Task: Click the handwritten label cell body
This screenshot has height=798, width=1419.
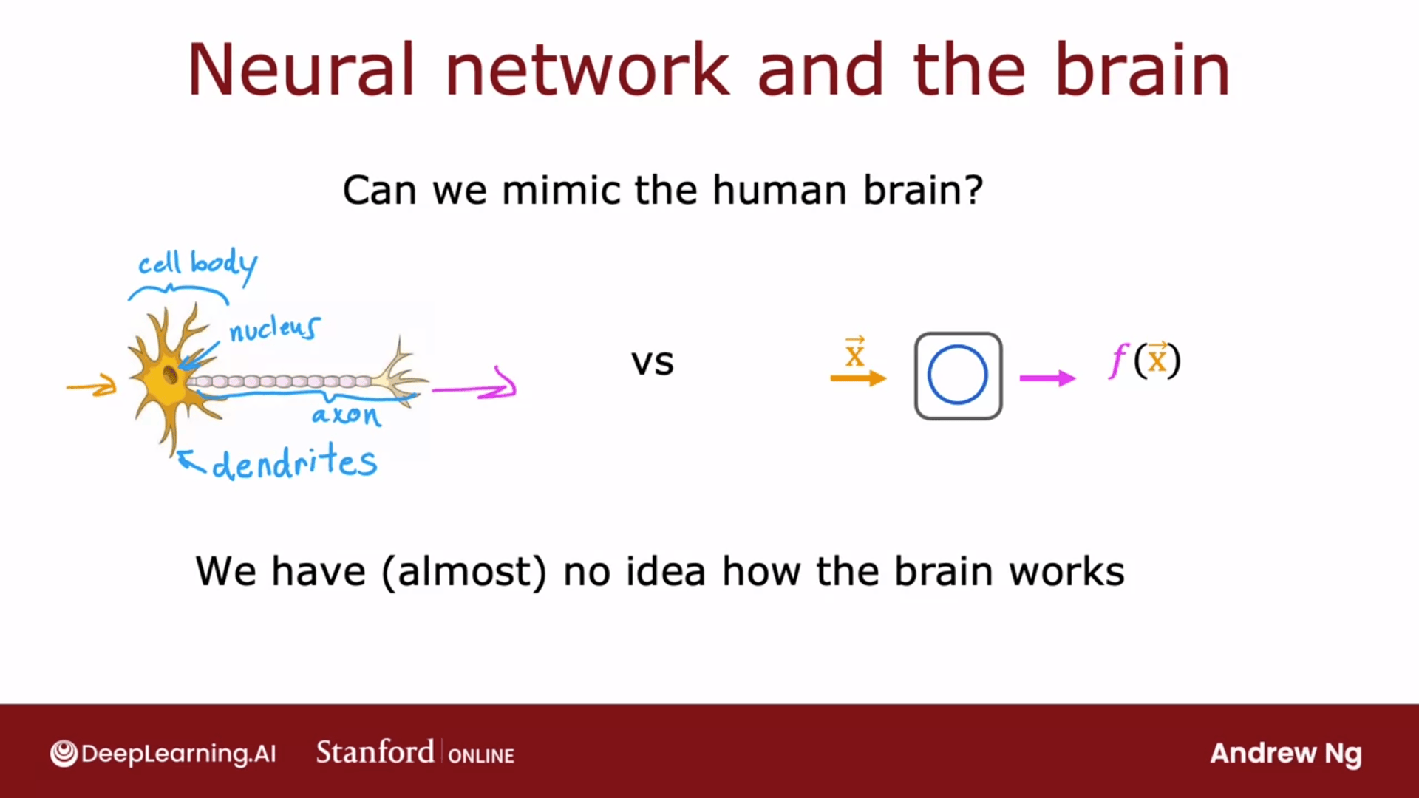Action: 198,265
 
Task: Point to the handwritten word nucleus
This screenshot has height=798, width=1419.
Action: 274,329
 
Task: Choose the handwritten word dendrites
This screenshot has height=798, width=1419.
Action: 294,463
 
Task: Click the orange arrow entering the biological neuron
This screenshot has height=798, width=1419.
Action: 92,386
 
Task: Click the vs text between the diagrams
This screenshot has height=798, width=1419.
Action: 653,363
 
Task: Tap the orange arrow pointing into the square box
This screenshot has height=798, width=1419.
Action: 858,378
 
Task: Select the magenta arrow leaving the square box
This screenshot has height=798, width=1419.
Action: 1047,378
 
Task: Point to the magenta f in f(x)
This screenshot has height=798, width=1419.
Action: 1119,361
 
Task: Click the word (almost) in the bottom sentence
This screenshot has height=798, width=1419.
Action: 464,572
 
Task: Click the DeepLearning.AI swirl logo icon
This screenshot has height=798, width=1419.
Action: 64,754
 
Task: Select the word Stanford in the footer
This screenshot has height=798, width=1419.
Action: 375,752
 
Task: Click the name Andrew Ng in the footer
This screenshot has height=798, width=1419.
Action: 1286,754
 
